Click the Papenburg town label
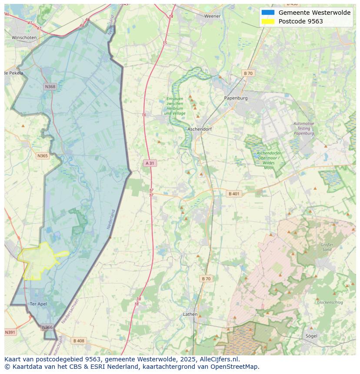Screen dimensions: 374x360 point(236,98)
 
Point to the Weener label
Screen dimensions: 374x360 point(213,16)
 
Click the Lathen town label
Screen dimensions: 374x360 point(190,314)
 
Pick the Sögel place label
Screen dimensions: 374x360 point(311,336)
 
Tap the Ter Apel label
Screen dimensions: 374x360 point(38,304)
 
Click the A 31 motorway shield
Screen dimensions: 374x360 point(149,163)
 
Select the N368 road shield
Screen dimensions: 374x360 point(50,86)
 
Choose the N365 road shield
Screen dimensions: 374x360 point(43,156)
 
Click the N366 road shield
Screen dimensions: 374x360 point(47,327)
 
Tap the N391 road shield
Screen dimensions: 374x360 point(10,332)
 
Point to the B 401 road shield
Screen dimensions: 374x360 point(234,194)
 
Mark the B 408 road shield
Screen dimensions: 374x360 point(79,341)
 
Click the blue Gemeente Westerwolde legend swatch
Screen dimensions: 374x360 point(268,13)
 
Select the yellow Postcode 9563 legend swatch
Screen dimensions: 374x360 point(268,21)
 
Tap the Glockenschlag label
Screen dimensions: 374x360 point(330,302)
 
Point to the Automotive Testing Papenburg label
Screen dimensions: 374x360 point(303,129)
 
